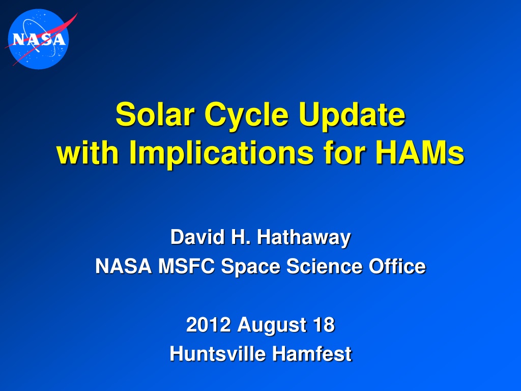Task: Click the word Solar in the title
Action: [155, 115]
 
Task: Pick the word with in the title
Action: [88, 152]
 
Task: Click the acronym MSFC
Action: [186, 266]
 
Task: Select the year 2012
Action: [208, 324]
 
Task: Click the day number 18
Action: [324, 324]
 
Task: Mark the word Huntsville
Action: [217, 353]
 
